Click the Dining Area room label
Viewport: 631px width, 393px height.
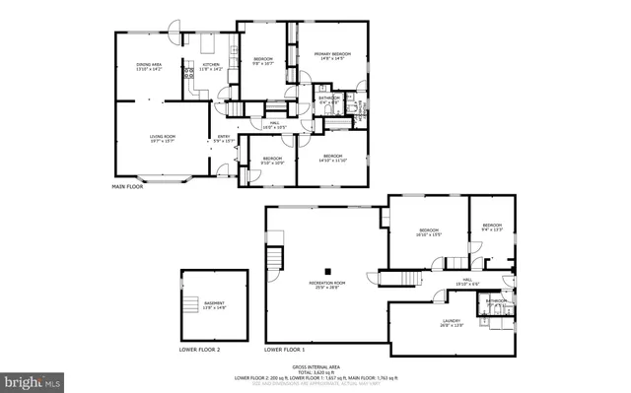149,66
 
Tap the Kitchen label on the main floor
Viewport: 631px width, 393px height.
211,66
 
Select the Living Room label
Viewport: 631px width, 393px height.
162,139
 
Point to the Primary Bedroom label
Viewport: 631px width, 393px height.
332,55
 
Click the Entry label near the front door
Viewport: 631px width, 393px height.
224,139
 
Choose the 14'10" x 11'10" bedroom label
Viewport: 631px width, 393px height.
332,159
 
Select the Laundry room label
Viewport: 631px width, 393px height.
450,323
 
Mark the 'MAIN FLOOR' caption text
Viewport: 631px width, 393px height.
128,186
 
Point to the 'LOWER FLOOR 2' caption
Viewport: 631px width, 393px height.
199,350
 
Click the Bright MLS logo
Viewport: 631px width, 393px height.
34,380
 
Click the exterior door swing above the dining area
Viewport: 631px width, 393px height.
174,26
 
